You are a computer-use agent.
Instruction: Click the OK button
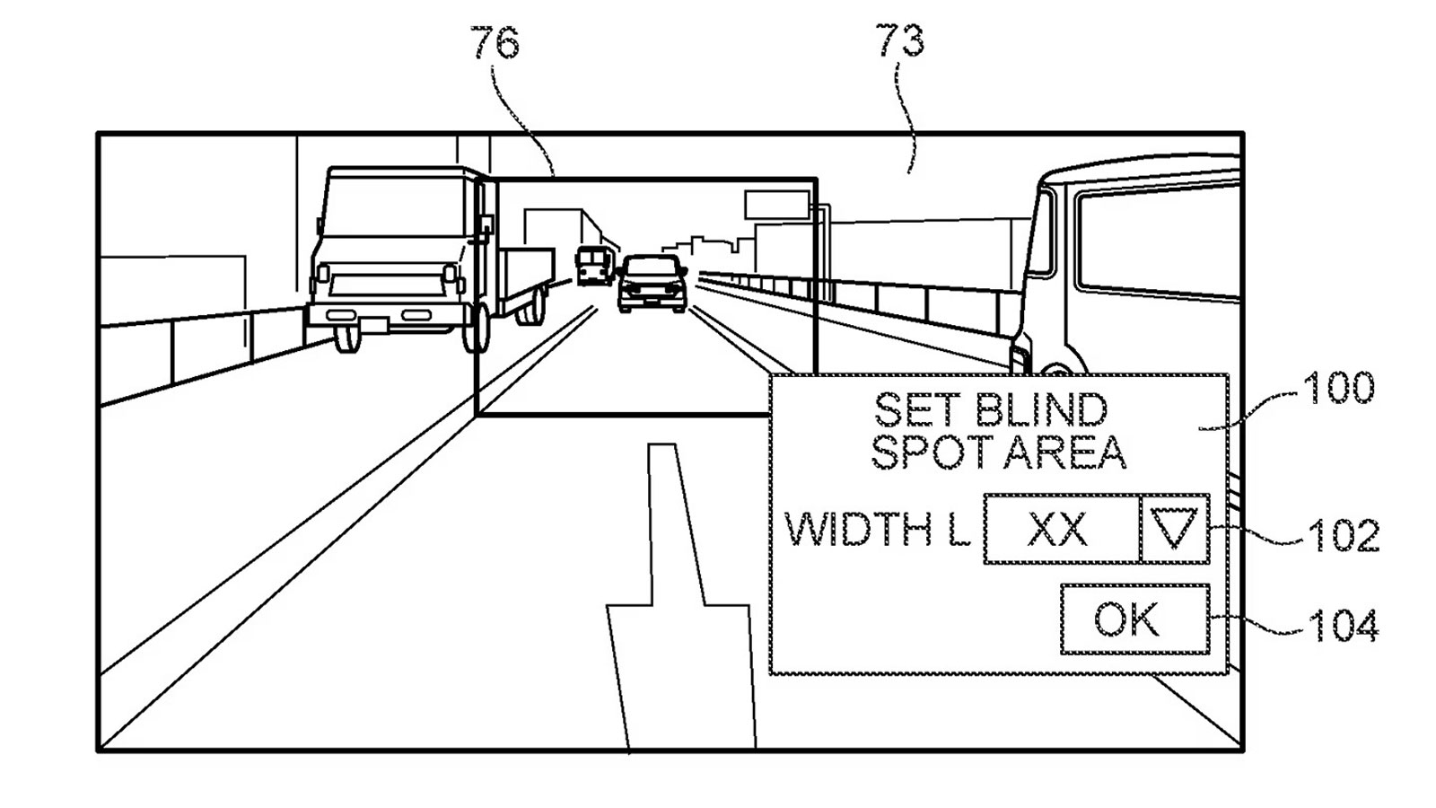point(1134,619)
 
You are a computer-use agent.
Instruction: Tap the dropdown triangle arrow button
point(1174,529)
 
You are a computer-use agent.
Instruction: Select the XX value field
point(1059,529)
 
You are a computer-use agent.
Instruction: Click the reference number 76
point(495,42)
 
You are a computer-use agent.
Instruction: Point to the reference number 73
point(899,40)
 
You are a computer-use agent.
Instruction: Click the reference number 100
point(1337,389)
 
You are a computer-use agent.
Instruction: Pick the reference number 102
point(1343,535)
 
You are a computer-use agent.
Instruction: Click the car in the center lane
point(652,283)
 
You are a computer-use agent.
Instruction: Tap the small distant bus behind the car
point(594,265)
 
